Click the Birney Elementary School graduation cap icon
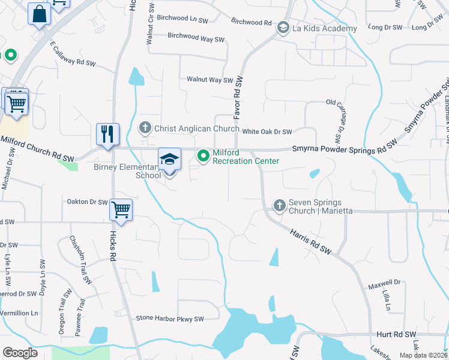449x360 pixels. coord(169,160)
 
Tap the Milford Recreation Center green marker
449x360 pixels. coord(203,157)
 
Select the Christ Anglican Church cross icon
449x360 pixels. coord(145,128)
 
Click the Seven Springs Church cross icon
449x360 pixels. coord(279,206)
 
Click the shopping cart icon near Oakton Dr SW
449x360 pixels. coord(121,211)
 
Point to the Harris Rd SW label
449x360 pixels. coord(311,239)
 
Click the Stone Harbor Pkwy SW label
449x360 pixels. coord(170,319)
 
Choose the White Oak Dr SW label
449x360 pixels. coord(267,131)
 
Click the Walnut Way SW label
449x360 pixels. coord(209,79)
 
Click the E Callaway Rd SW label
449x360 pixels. coord(73,55)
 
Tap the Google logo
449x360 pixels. coord(20,353)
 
